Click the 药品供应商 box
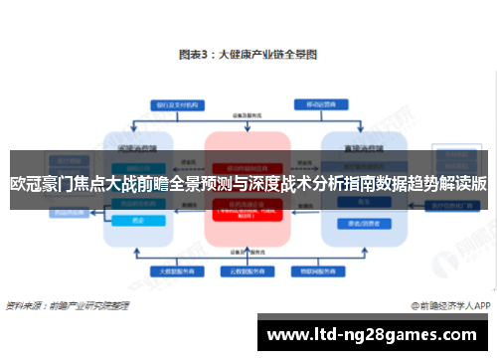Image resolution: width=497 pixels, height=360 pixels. pyautogui.click(x=46, y=211)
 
